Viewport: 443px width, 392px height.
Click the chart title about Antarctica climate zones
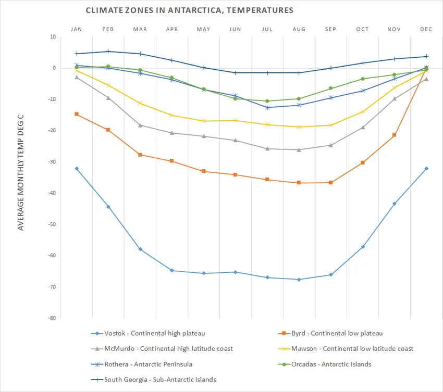tap(189, 10)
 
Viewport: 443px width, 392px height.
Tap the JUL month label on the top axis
tap(267, 29)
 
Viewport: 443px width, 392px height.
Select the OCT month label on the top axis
tap(362, 29)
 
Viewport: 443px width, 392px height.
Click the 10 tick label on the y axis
tap(52, 37)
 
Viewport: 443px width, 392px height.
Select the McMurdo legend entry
tap(162, 348)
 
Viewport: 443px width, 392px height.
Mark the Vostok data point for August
tap(299, 280)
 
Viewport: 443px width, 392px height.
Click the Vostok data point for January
tap(77, 168)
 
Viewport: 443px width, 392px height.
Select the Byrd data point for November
tap(394, 135)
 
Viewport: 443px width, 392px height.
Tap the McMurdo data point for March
tap(140, 125)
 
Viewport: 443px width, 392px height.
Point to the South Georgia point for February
tap(108, 51)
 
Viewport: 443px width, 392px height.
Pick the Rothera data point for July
tap(267, 107)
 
